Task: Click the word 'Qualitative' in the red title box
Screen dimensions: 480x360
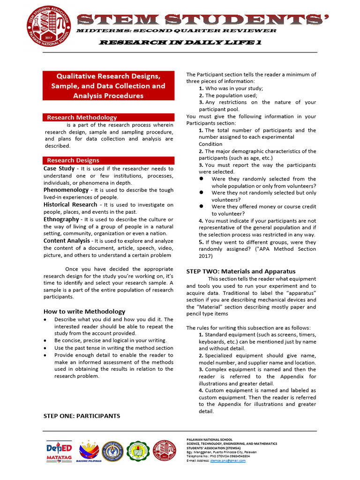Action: coord(75,76)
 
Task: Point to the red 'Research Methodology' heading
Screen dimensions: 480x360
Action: coord(82,117)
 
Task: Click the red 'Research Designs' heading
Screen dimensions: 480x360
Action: coord(73,160)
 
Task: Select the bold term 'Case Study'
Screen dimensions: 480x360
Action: coord(59,168)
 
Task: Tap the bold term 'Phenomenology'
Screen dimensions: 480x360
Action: coord(66,190)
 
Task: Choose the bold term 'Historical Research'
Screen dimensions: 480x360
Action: coord(70,204)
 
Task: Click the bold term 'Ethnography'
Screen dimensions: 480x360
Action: coord(61,219)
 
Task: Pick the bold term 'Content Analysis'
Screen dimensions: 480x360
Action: coord(67,240)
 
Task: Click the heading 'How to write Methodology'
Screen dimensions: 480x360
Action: coord(84,311)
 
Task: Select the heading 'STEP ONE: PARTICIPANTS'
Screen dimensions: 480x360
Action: coord(82,416)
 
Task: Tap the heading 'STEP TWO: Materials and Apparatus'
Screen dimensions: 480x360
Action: coord(241,271)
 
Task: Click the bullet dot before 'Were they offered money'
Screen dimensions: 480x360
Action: coord(201,206)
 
